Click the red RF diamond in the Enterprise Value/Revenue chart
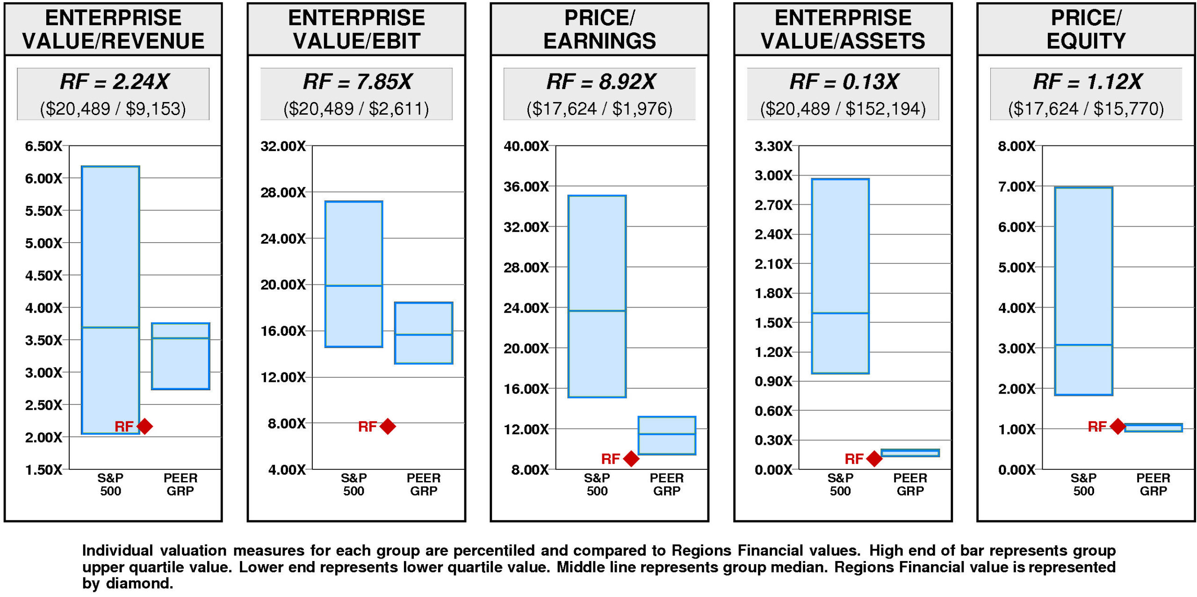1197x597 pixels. coord(144,426)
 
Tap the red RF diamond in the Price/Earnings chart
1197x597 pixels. coord(631,459)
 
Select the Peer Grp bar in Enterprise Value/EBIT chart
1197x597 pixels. coord(424,333)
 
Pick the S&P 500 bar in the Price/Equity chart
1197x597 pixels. coord(1083,291)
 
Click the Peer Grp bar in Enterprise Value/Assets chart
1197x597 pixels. coord(910,453)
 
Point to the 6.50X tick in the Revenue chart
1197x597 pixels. coord(43,146)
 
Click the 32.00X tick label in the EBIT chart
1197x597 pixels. coord(283,146)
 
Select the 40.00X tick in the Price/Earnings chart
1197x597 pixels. coord(526,146)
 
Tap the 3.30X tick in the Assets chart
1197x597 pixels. coord(773,146)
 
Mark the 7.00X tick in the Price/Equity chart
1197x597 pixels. coord(1017,187)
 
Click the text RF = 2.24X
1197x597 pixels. coord(114,81)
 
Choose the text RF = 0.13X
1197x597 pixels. coord(843,81)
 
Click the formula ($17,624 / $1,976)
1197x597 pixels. coord(599,109)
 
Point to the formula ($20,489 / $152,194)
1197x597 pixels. coord(843,109)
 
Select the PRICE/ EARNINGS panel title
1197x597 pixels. coord(599,29)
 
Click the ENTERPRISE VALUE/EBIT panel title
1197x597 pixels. coord(356,29)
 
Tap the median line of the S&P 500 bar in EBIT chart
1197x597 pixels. coord(353,285)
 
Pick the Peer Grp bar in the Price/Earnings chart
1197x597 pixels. coord(667,435)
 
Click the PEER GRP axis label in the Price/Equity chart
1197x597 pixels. coord(1153,484)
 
